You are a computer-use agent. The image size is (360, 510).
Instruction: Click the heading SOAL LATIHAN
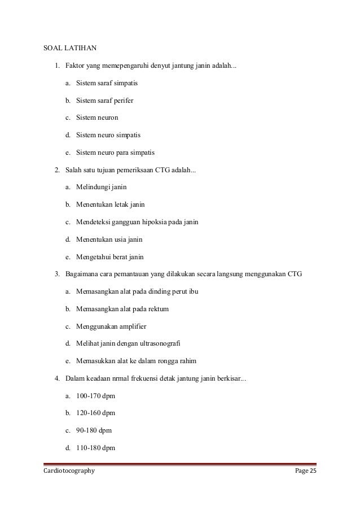tap(71, 47)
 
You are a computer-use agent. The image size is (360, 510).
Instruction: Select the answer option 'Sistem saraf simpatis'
tap(107, 83)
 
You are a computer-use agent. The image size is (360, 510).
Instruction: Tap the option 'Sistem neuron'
tap(98, 118)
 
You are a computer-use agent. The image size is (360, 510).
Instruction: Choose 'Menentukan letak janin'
tap(106, 205)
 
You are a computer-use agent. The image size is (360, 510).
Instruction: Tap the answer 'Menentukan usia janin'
tap(106, 239)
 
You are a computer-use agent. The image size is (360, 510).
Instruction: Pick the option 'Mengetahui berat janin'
tap(106, 257)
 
